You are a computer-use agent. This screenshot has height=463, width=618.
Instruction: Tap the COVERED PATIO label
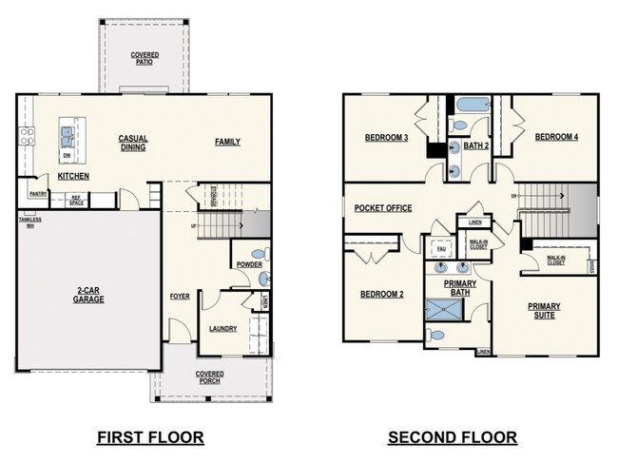point(144,59)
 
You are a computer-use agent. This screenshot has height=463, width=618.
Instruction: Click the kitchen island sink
point(68,134)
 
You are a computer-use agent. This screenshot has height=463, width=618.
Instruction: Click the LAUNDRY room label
point(222,329)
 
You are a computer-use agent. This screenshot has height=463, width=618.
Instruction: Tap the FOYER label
point(180,296)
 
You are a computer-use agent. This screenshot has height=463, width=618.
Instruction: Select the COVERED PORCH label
point(209,377)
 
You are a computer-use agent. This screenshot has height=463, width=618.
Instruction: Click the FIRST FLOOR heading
point(150,437)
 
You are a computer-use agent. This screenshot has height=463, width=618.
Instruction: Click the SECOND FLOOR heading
point(452,437)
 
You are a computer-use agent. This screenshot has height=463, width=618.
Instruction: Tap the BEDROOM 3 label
point(386,138)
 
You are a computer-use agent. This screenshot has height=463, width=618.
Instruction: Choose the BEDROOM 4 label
point(555,137)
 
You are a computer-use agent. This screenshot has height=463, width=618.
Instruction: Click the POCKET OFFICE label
point(383,207)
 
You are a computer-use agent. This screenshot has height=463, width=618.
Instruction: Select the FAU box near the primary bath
point(441,250)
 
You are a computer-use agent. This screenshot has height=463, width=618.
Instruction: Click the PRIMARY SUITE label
point(545,310)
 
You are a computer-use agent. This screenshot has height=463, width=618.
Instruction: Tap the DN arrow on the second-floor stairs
point(517,197)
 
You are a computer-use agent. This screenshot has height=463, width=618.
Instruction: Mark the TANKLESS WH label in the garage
point(29,222)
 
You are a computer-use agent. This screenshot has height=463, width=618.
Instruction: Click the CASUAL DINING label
point(133,142)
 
